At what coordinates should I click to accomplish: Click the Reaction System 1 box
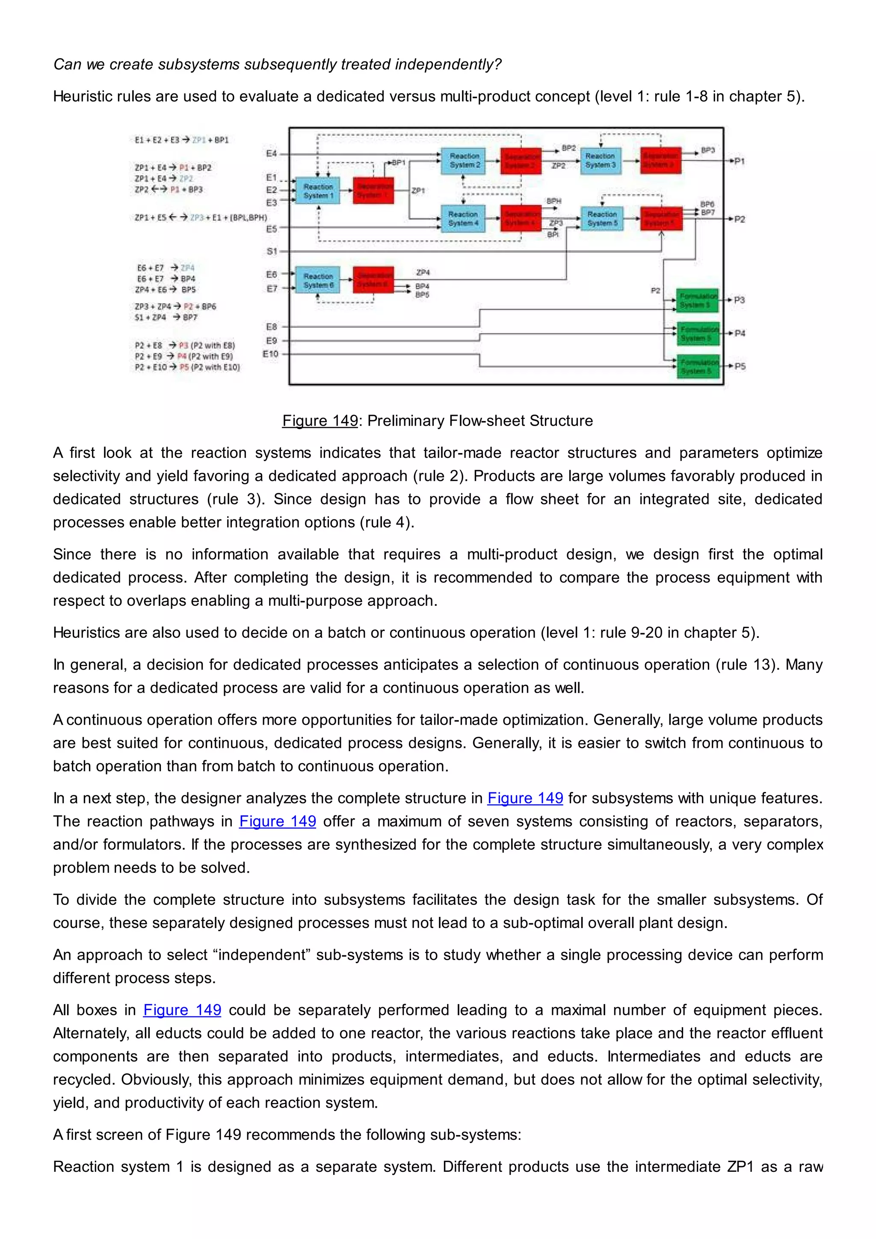point(318,190)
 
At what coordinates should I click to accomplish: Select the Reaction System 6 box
point(318,280)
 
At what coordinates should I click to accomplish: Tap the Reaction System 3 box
point(601,160)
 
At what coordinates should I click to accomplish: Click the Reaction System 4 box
point(463,219)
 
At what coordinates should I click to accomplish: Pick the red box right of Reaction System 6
point(373,280)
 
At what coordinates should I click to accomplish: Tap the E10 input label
point(270,354)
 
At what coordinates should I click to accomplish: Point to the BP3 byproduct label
point(708,150)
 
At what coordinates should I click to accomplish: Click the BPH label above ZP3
point(553,201)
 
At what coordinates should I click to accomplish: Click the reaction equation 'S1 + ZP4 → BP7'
point(166,317)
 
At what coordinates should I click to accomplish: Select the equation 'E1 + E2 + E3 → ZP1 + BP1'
point(182,140)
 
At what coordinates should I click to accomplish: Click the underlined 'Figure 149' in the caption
point(320,421)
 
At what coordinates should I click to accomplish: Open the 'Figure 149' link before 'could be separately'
point(182,1010)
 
